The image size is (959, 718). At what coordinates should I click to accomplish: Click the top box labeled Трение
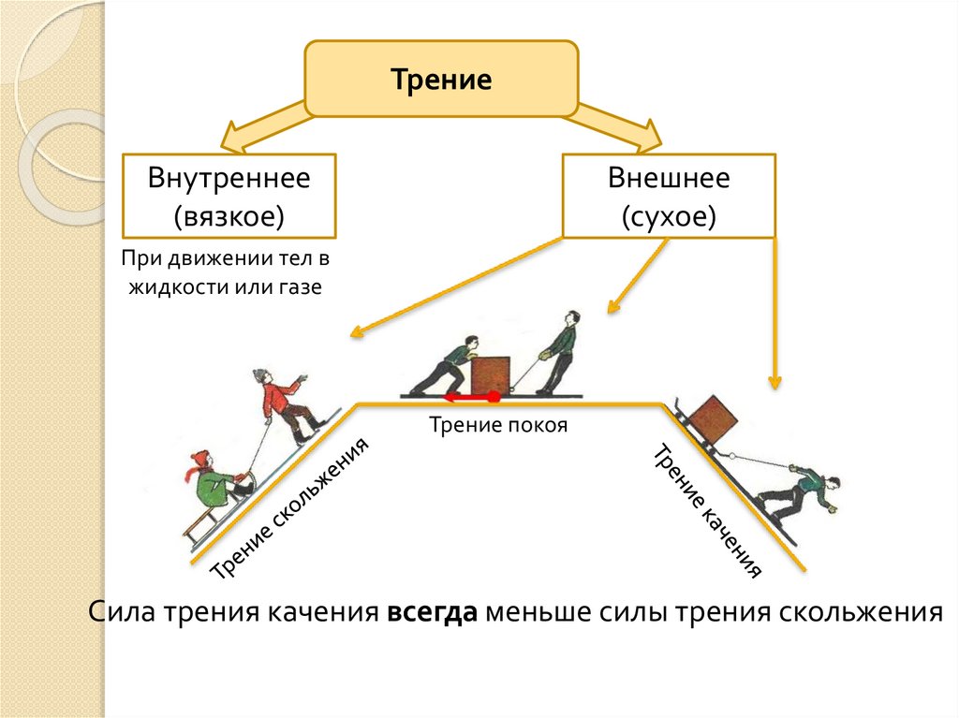click(x=441, y=80)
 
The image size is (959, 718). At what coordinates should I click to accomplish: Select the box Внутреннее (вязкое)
click(x=229, y=197)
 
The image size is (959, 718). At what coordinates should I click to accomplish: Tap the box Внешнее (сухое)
click(x=669, y=197)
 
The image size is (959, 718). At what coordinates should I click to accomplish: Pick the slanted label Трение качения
click(x=707, y=509)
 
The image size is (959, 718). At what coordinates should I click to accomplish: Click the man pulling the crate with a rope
click(x=561, y=353)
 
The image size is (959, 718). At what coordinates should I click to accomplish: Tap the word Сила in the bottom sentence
click(x=123, y=613)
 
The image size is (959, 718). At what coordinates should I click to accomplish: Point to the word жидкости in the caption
click(x=170, y=287)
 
